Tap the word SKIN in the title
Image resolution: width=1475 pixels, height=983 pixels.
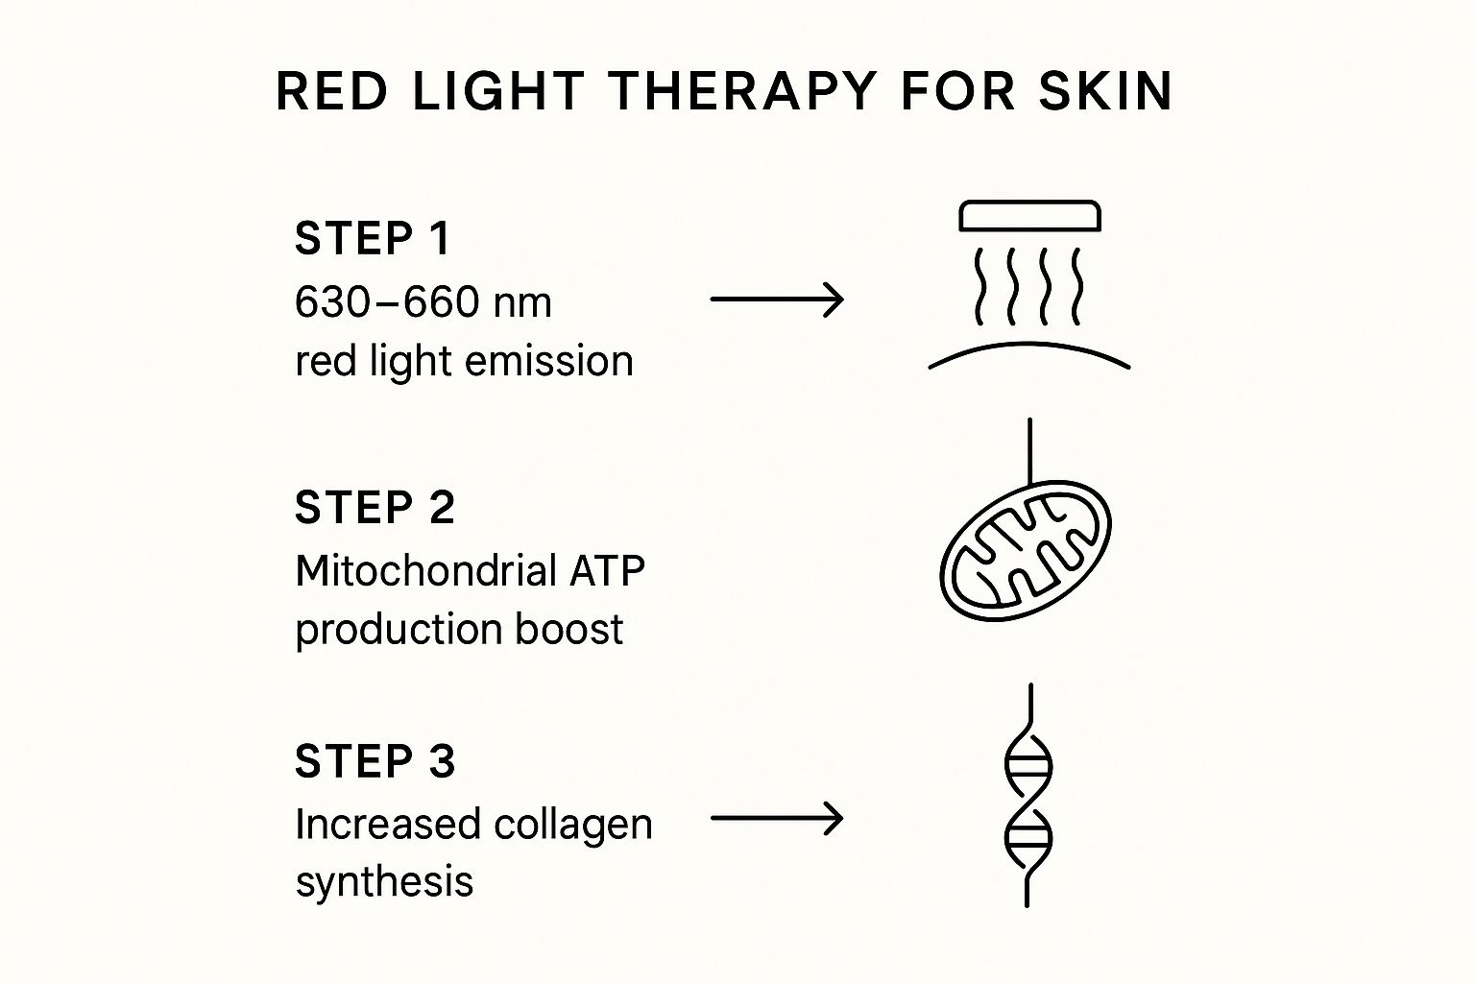1105,91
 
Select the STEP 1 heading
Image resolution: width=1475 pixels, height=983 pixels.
372,238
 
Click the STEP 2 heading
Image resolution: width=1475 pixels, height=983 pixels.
375,507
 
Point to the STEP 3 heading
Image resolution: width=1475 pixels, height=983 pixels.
375,761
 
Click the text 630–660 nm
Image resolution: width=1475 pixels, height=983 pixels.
423,302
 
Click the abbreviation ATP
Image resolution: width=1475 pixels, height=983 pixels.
607,571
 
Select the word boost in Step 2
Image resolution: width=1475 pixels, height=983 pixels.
568,629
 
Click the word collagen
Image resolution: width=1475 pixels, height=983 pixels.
573,826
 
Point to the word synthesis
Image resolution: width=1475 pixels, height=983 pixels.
384,882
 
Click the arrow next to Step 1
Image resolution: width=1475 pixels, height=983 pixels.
777,300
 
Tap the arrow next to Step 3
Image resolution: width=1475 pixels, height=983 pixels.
777,819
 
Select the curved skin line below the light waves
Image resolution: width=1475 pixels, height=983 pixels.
1029,344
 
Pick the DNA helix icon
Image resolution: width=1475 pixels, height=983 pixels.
1028,797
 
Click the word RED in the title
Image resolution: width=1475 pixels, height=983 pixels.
332,91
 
